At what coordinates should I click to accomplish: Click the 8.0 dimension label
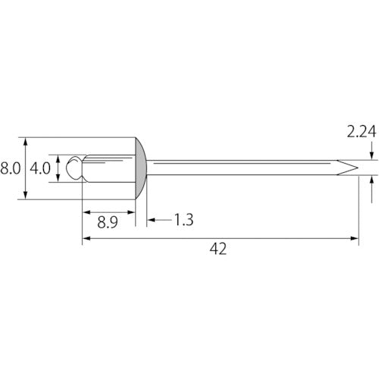tap(11, 168)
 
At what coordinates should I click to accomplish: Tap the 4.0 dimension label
tap(40, 168)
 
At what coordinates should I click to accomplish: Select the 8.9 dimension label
tap(108, 223)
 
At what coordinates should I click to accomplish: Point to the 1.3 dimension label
tap(184, 220)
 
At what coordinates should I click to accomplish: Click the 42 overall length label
tap(218, 249)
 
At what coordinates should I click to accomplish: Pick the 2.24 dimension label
tap(362, 132)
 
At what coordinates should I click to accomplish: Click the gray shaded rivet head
tap(141, 168)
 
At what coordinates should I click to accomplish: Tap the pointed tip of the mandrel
tap(358, 168)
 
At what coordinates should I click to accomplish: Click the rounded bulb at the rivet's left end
tap(74, 168)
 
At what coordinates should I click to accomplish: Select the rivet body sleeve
tap(108, 168)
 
